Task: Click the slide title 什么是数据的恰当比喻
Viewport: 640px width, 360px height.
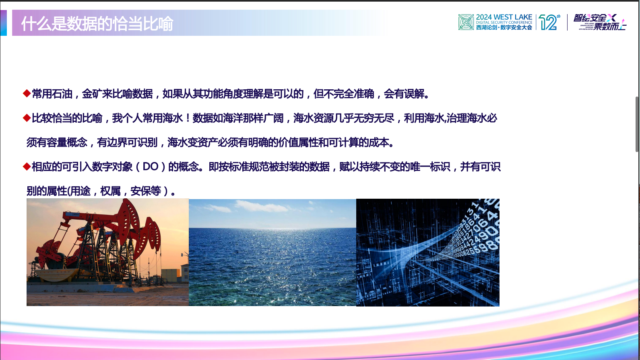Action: (x=97, y=24)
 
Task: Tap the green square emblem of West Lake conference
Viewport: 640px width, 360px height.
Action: (x=466, y=22)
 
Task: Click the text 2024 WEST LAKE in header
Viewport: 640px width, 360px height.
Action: (x=504, y=17)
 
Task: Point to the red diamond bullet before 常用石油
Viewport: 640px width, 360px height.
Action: (x=27, y=94)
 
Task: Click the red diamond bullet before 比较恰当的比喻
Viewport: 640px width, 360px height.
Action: (x=27, y=118)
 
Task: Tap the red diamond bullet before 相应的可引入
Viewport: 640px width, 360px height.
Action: (x=27, y=167)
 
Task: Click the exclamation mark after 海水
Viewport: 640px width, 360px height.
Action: (x=188, y=118)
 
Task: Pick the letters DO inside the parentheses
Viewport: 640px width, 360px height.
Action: (x=151, y=167)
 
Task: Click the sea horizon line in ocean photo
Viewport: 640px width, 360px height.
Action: (x=272, y=228)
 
